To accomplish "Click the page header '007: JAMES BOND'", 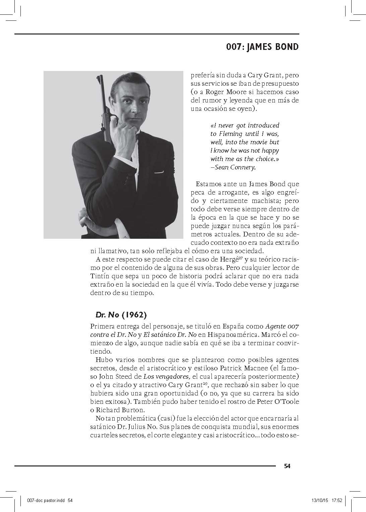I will (262, 47).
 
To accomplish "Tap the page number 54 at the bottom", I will (287, 466).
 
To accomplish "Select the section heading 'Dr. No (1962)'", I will (121, 315).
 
